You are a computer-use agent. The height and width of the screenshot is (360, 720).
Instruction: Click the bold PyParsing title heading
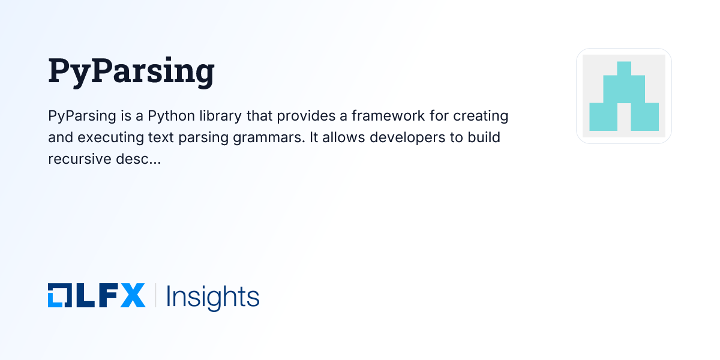[131, 71]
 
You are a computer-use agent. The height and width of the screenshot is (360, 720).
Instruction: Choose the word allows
[344, 137]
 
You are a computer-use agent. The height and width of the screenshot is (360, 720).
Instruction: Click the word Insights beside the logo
[212, 296]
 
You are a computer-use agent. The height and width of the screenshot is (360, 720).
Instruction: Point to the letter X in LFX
[133, 296]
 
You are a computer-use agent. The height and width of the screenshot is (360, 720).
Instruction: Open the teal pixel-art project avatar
[624, 96]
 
